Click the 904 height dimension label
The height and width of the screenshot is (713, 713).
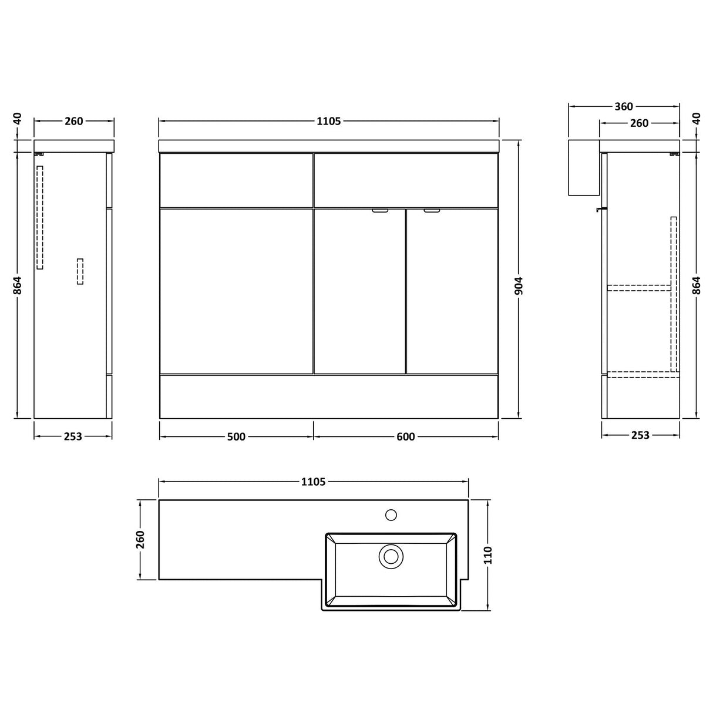click(x=519, y=286)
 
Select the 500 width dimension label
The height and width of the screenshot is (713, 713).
click(x=236, y=436)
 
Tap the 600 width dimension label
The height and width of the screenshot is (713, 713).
click(x=406, y=436)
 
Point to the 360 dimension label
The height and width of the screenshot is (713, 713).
click(x=624, y=106)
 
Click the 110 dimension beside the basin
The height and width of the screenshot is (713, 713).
click(x=489, y=555)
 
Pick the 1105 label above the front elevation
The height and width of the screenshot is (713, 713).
click(x=329, y=121)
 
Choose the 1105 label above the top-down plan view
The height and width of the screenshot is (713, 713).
click(x=313, y=482)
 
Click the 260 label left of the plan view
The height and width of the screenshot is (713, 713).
click(x=140, y=539)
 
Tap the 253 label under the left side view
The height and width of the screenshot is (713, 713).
click(x=73, y=436)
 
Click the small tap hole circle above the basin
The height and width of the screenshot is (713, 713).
click(x=391, y=516)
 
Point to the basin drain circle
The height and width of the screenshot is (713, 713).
click(x=391, y=556)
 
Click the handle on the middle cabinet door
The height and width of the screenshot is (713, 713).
click(x=379, y=210)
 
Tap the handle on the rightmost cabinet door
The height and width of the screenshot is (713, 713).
click(x=432, y=210)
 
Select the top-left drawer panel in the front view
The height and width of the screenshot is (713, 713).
click(x=236, y=180)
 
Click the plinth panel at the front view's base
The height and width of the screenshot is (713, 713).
click(x=329, y=396)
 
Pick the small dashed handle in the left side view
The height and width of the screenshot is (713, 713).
click(x=80, y=272)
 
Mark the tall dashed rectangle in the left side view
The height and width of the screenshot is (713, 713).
click(x=40, y=217)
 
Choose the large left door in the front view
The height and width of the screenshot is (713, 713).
click(x=236, y=291)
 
